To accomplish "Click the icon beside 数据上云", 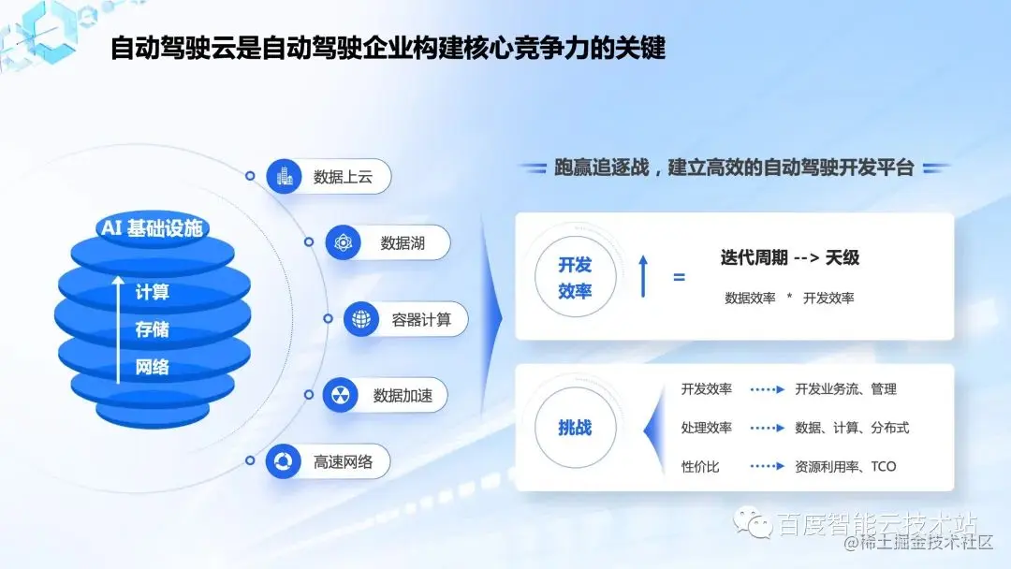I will click(284, 176).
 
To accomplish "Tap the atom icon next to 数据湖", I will click(344, 243).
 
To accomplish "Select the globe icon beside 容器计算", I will click(361, 319).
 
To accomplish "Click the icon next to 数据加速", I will click(341, 395).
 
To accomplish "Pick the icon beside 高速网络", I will click(283, 461).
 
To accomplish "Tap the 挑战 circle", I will click(575, 428).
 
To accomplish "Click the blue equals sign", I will click(679, 278).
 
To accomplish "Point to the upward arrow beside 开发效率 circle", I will click(643, 276).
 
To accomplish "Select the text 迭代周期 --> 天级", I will click(789, 257).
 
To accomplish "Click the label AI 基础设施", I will click(152, 228).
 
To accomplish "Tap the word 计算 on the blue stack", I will click(153, 292).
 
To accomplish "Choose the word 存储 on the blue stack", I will click(153, 329).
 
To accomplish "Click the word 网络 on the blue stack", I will click(153, 367).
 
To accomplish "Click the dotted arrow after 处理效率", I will click(767, 428).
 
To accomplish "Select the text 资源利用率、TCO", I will click(845, 466).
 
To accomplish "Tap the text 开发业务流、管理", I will click(845, 389).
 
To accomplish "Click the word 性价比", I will click(700, 466).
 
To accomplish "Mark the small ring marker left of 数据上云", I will click(250, 176).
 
